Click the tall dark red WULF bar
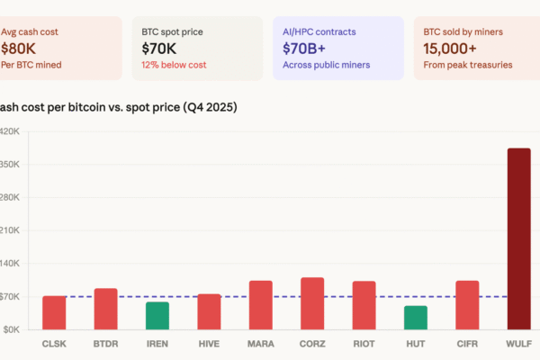518,238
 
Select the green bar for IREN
157,315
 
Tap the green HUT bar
415,318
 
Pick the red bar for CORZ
311,303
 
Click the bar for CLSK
54,312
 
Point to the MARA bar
260,305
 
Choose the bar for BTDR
105,309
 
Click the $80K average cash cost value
21,48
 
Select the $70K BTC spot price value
158,48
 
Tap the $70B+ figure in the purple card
304,48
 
